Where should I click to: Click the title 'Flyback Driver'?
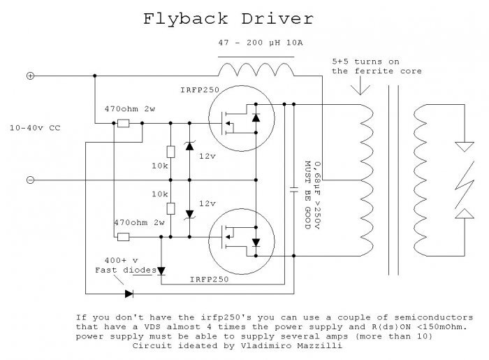pyautogui.click(x=228, y=19)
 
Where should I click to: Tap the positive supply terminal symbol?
pyautogui.click(x=30, y=75)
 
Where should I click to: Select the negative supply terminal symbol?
pyautogui.click(x=30, y=180)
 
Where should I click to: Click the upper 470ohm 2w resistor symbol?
pyautogui.click(x=124, y=124)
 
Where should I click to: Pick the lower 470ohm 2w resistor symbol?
pyautogui.click(x=124, y=237)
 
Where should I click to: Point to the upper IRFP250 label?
pyautogui.click(x=200, y=90)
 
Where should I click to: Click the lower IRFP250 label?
pyautogui.click(x=210, y=279)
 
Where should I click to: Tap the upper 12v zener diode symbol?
pyautogui.click(x=189, y=145)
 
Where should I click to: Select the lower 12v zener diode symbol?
pyautogui.click(x=189, y=215)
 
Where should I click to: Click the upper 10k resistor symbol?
pyautogui.click(x=170, y=152)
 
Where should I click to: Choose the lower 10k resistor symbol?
pyautogui.click(x=170, y=208)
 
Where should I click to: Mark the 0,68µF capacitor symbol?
pyautogui.click(x=294, y=189)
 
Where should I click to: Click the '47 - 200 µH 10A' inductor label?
pyautogui.click(x=261, y=43)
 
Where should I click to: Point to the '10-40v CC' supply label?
pyautogui.click(x=35, y=128)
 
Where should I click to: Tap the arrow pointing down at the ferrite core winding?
pyautogui.click(x=360, y=85)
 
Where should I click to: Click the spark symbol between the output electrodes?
pyautogui.click(x=465, y=185)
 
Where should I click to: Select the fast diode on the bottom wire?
pyautogui.click(x=129, y=294)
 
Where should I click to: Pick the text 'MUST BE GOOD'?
pyautogui.click(x=308, y=195)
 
